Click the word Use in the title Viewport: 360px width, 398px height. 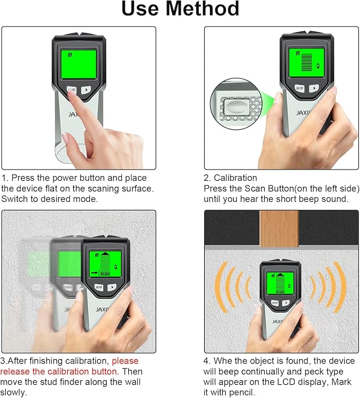[x=141, y=10]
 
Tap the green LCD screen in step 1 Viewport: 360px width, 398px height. [x=78, y=64]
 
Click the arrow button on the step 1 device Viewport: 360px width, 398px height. [x=86, y=90]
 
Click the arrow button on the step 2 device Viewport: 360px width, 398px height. [x=314, y=89]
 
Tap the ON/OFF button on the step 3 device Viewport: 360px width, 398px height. [x=99, y=287]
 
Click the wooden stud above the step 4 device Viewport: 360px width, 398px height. [x=279, y=228]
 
